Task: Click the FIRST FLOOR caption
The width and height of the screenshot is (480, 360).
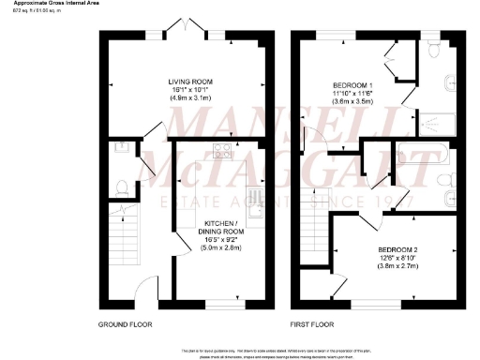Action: (x=314, y=324)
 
